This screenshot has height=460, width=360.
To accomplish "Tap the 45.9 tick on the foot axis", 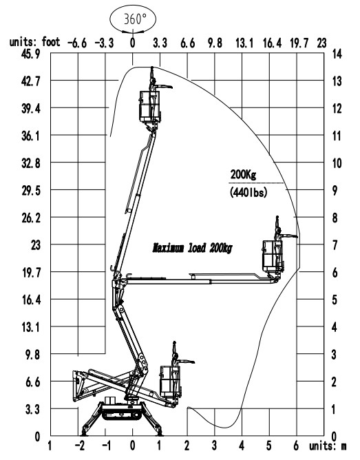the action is click(x=30, y=54).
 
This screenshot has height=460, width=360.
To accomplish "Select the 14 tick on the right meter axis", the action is click(x=337, y=54).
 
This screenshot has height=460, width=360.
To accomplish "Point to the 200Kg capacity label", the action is click(x=243, y=174).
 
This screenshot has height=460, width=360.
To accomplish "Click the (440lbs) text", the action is click(x=248, y=192).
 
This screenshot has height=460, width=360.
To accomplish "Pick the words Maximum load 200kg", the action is click(x=192, y=248).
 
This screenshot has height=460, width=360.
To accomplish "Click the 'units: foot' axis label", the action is click(x=35, y=41).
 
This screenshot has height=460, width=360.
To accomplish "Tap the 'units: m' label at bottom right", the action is click(x=328, y=446).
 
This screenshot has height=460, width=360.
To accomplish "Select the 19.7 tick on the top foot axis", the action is click(x=299, y=43).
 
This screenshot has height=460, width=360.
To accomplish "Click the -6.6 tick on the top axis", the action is click(x=77, y=43).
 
